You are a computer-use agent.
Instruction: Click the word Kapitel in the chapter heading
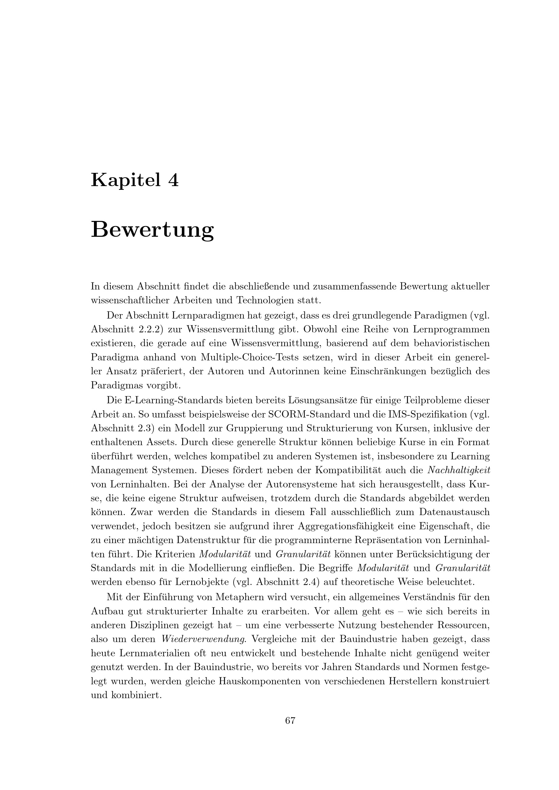(x=126, y=180)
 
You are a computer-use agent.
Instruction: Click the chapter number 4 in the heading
(x=173, y=180)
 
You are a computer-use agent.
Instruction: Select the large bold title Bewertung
(x=152, y=230)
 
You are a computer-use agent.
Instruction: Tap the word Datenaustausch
(x=454, y=512)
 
